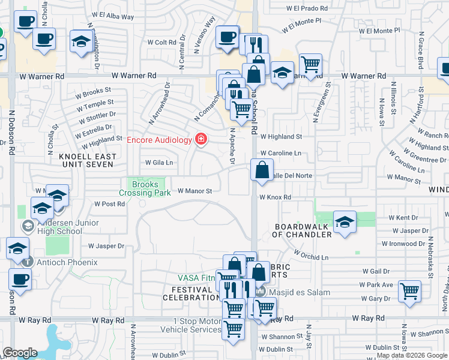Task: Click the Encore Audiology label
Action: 159,140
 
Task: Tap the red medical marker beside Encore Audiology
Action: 200,140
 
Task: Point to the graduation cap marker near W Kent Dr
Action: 345,223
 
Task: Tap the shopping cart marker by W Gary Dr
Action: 409,292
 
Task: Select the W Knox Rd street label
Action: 275,197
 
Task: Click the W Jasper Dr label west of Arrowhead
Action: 106,246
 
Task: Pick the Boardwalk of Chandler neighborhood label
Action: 303,230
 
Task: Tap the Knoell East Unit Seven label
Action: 86,160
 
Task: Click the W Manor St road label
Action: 195,191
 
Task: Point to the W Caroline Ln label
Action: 280,154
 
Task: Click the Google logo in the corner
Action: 20,353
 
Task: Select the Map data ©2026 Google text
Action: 412,356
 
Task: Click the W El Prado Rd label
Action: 307,9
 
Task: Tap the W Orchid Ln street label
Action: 312,257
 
